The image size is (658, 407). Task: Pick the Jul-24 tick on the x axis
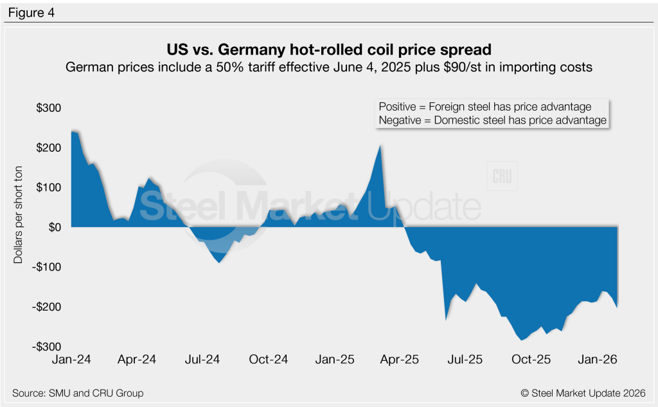coord(204,360)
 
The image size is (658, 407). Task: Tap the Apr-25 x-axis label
coord(401,360)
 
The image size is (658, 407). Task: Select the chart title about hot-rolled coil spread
coord(328,50)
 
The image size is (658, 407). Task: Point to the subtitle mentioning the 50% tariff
coord(328,67)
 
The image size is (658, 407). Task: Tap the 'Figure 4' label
coord(31,12)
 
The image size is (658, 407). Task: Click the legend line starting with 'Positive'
coord(485,107)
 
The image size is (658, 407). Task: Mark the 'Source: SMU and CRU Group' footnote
coord(78,393)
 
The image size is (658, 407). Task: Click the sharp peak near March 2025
coord(380,146)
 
